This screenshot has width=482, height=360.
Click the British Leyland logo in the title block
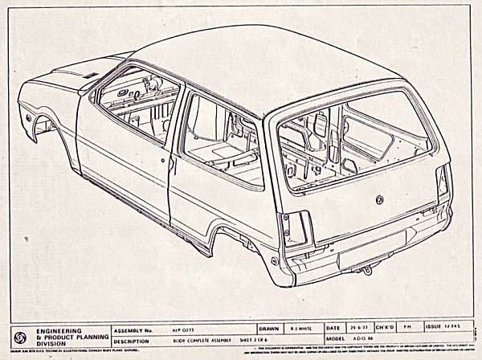click(x=21, y=335)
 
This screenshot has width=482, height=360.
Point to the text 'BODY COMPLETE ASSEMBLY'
click(x=191, y=340)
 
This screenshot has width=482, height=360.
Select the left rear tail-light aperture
click(x=295, y=230)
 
